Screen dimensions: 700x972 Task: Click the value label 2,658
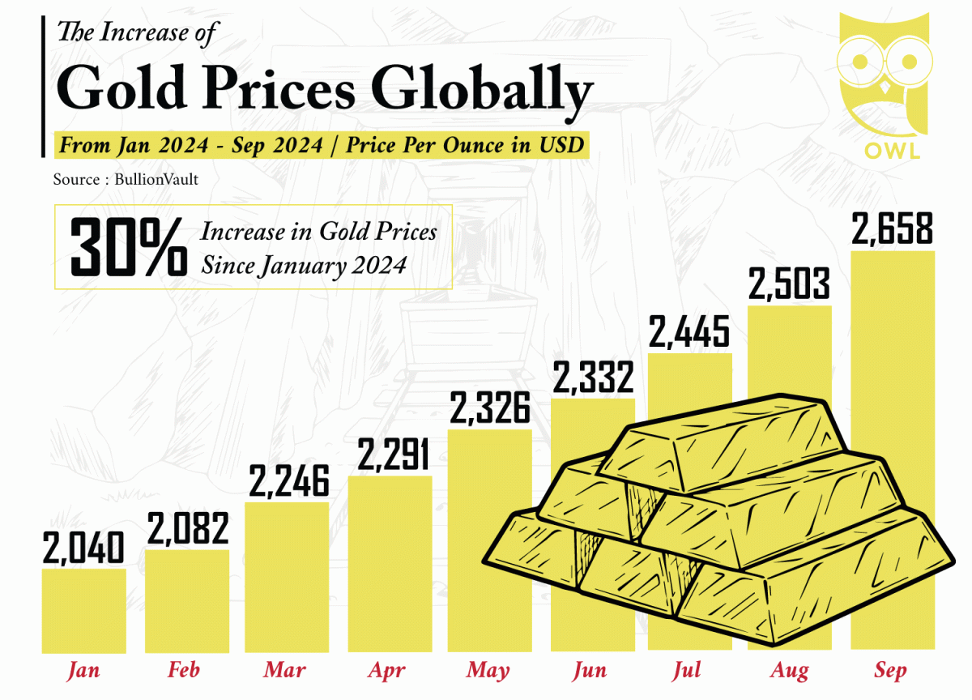(893, 229)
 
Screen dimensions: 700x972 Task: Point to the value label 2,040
(83, 548)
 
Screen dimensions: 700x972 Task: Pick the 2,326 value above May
(489, 408)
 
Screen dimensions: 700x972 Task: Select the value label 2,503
(789, 284)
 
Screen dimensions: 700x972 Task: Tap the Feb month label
(184, 671)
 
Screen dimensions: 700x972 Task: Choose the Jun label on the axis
(589, 671)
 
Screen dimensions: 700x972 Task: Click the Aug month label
(790, 671)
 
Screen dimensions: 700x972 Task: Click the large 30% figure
(128, 247)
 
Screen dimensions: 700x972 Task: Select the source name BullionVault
(155, 180)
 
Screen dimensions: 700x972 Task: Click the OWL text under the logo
(886, 151)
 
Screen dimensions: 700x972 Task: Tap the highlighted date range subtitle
(320, 146)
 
